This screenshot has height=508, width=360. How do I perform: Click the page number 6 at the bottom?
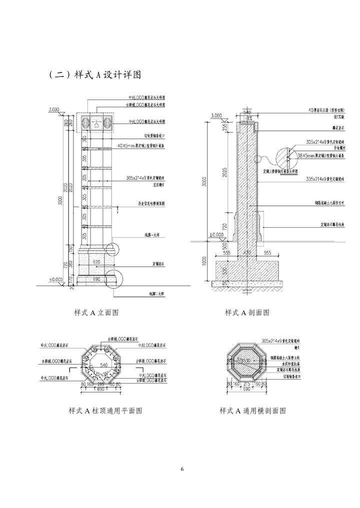[x=182, y=469]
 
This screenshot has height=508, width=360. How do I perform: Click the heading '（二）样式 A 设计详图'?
[x=94, y=75]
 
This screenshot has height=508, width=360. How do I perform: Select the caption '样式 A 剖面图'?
[x=247, y=313]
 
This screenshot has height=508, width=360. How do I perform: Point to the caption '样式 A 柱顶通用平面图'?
[x=105, y=411]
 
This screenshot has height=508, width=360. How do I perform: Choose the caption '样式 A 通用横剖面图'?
[x=252, y=411]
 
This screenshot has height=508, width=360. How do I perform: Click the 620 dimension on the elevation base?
[x=96, y=261]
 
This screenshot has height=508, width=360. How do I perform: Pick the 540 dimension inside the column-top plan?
[x=104, y=366]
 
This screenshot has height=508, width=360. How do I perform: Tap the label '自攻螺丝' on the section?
[x=339, y=148]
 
